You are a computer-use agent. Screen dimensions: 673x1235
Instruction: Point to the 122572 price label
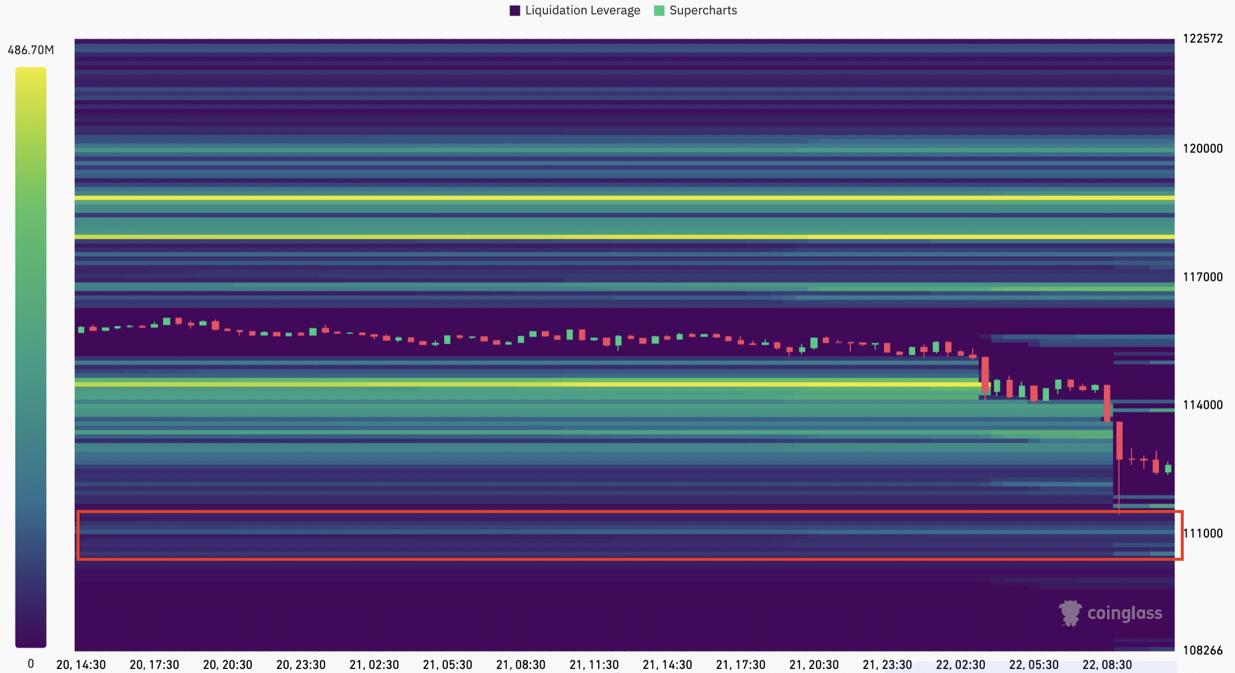pos(1203,39)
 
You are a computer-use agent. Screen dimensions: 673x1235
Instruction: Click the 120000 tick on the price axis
pos(1203,149)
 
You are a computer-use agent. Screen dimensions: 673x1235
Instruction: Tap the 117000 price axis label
pos(1203,277)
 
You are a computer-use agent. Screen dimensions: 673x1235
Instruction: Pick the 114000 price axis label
pos(1203,405)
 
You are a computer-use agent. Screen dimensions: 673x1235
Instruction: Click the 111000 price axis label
pos(1203,533)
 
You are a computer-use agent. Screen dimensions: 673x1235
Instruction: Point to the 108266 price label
pos(1203,651)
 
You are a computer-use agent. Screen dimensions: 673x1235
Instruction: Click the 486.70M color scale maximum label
pos(31,50)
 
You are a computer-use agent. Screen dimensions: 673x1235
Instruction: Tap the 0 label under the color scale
pos(31,664)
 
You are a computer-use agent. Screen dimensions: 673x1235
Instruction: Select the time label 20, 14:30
pos(81,665)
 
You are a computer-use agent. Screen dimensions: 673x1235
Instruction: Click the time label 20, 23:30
pos(301,665)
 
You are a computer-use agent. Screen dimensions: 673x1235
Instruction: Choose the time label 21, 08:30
pos(521,665)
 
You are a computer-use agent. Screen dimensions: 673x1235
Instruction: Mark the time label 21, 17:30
pos(741,665)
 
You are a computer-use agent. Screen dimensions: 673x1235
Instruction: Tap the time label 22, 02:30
pos(961,665)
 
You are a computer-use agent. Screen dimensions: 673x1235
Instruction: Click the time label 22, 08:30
pos(1107,665)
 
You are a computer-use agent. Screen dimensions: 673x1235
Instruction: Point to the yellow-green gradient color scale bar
pos(31,357)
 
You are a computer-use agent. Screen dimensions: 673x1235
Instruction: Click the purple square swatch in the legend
pos(515,10)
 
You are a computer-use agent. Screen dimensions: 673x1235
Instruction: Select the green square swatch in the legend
pos(659,10)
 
